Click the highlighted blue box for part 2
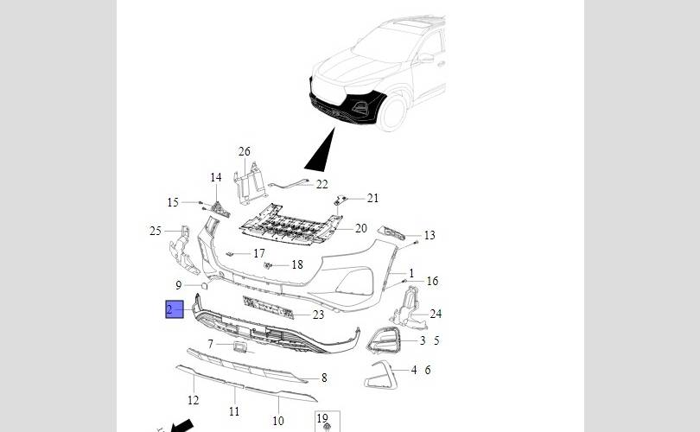[175, 309]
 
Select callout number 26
[245, 152]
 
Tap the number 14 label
[216, 178]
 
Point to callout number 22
[321, 184]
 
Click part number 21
[372, 198]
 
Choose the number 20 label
[360, 228]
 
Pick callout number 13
[430, 235]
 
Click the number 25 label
[156, 232]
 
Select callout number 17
[259, 253]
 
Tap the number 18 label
[297, 264]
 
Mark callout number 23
[318, 315]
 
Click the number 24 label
[436, 314]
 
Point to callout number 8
[324, 378]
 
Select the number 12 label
[193, 400]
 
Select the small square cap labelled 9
[204, 286]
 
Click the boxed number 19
[322, 419]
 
